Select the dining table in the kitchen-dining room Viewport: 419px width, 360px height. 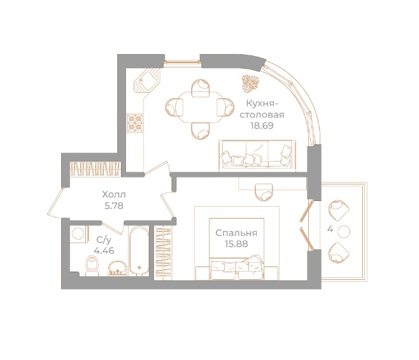(x=197, y=107)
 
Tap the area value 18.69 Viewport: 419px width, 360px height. (x=262, y=126)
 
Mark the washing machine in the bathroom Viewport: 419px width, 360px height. (x=78, y=233)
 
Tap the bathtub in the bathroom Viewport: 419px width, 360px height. (x=137, y=250)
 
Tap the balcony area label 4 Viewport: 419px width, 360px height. (x=329, y=228)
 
